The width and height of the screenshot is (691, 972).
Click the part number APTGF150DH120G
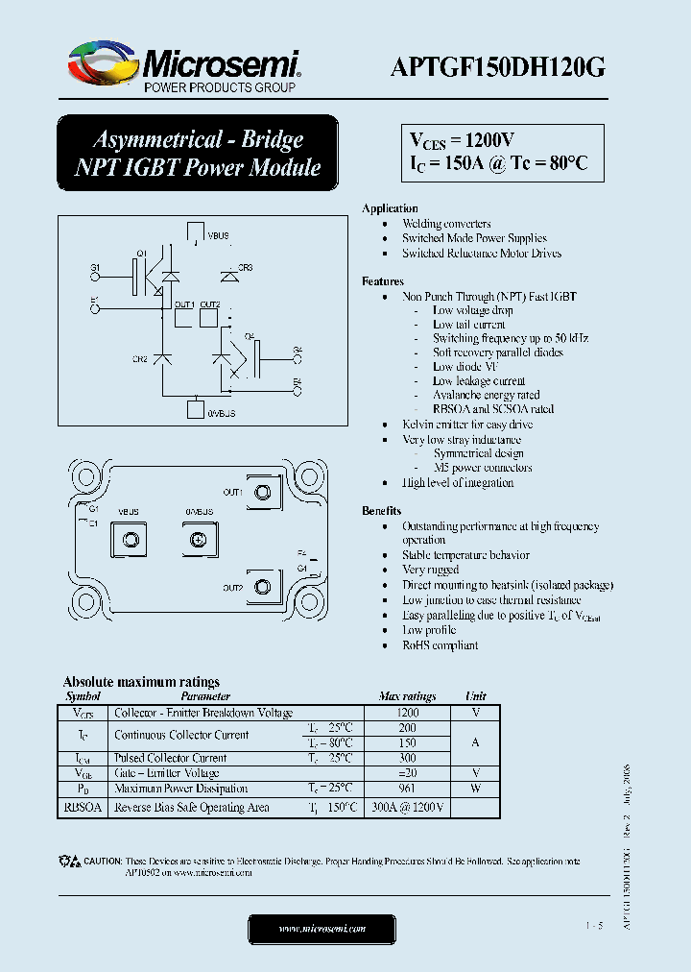(497, 67)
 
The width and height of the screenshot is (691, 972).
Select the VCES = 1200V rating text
(463, 140)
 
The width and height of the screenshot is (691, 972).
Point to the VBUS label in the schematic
(218, 234)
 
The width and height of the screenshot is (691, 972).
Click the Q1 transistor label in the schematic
(140, 253)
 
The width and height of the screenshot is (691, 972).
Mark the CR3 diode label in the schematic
(245, 266)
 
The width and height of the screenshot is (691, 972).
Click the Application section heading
(390, 208)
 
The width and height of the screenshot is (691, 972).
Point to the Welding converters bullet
(446, 224)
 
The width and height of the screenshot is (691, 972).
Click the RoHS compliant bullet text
(440, 645)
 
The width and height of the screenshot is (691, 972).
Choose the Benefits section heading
(381, 511)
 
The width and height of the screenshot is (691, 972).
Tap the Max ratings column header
(407, 696)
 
